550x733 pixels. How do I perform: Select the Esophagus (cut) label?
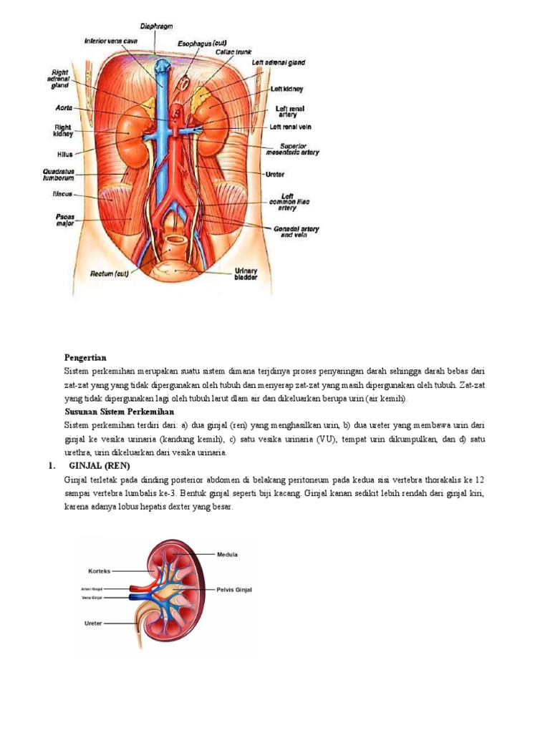pyautogui.click(x=202, y=44)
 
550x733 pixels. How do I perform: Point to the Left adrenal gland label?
pyautogui.click(x=279, y=63)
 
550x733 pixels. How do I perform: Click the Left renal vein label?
pyautogui.click(x=290, y=127)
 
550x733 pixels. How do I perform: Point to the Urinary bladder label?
pyautogui.click(x=250, y=274)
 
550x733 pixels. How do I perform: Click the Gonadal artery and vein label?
pyautogui.click(x=295, y=231)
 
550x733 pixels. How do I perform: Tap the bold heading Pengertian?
pyautogui.click(x=85, y=356)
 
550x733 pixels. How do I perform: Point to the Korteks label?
pyautogui.click(x=99, y=571)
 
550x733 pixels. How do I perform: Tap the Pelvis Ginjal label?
pyautogui.click(x=233, y=590)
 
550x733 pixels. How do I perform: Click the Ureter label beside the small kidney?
pyautogui.click(x=93, y=623)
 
